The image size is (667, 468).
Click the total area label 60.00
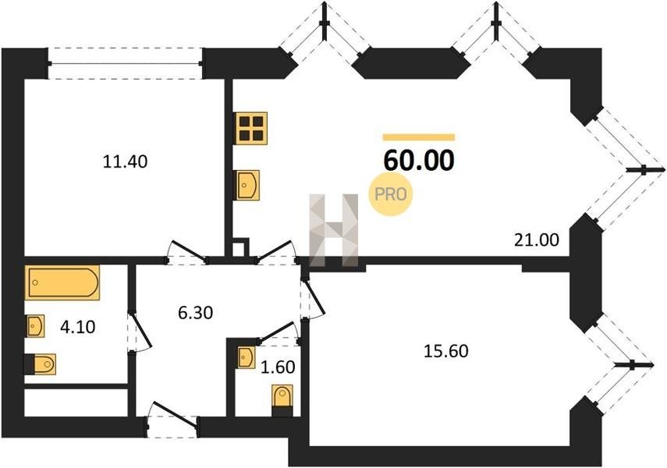[x=419, y=161]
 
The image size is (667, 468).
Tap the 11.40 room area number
[x=125, y=161]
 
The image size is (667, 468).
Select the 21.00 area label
[x=537, y=240]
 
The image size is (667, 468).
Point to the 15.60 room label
[x=446, y=351]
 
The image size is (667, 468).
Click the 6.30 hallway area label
[x=195, y=313]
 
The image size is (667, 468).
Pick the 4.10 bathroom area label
[x=77, y=327]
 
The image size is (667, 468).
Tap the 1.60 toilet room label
[x=278, y=367]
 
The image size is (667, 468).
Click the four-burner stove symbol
[x=250, y=128]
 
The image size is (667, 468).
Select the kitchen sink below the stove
[x=247, y=185]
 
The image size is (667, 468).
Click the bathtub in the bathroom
[x=62, y=282]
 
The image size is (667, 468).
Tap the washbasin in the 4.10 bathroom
[x=35, y=326]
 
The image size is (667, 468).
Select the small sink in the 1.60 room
[x=247, y=357]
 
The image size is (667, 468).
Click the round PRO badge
[x=391, y=194]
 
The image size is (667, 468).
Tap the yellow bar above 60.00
[x=419, y=137]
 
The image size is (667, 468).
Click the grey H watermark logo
[x=334, y=230]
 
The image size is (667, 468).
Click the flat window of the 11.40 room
[x=125, y=63]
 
